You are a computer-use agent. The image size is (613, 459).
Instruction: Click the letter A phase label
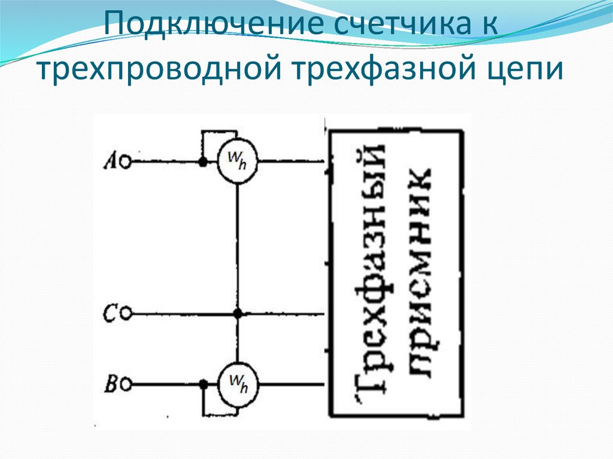tap(110, 160)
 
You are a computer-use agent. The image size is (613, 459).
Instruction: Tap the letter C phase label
tap(110, 312)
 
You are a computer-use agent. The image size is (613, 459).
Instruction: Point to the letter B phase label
tap(110, 382)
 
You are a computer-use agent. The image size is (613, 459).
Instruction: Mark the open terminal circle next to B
tap(126, 384)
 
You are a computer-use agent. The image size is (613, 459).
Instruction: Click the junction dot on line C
tap(238, 313)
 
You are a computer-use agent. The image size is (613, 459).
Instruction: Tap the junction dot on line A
tap(204, 162)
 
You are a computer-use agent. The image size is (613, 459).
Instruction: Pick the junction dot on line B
tap(204, 384)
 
